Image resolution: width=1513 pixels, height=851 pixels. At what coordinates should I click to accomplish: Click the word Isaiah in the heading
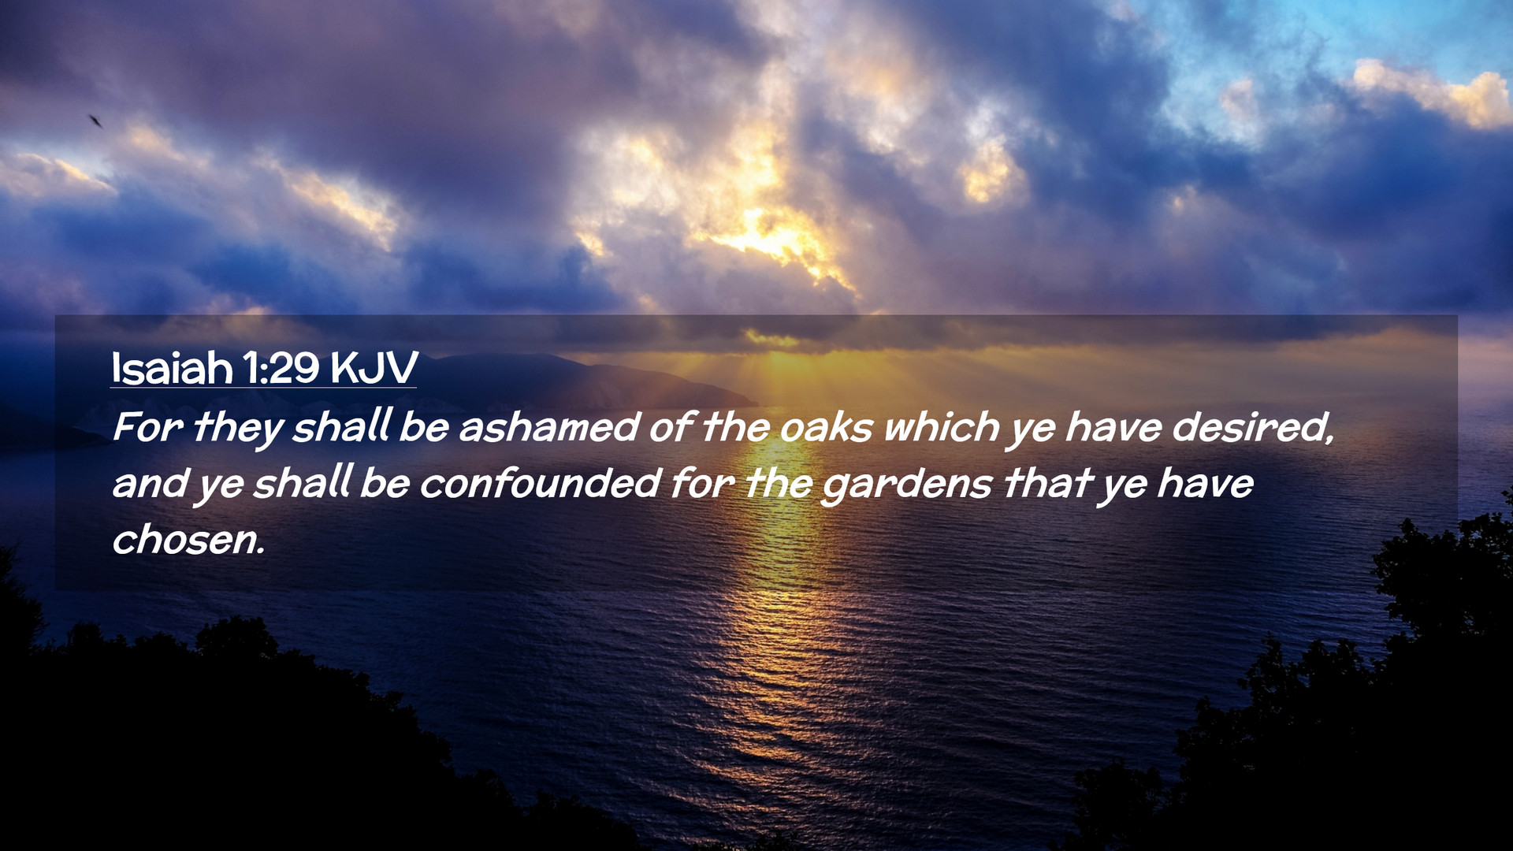pyautogui.click(x=172, y=368)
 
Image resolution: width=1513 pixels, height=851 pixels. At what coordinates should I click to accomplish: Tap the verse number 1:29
pyautogui.click(x=281, y=368)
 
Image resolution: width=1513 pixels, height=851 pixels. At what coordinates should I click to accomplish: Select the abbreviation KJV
pyautogui.click(x=374, y=368)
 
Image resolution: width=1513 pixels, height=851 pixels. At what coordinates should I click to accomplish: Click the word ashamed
pyautogui.click(x=549, y=428)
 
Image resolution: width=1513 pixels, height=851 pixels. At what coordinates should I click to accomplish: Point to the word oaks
pyautogui.click(x=827, y=428)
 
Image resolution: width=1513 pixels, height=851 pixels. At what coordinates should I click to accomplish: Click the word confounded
pyautogui.click(x=540, y=484)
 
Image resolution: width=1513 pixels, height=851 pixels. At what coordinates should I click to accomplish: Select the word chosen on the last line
pyautogui.click(x=188, y=541)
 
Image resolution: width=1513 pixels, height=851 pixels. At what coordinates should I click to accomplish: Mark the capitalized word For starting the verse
pyautogui.click(x=147, y=428)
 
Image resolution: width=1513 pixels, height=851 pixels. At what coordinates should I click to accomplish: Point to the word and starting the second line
pyautogui.click(x=150, y=484)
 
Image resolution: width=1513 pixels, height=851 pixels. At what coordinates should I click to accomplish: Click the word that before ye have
pyautogui.click(x=1046, y=484)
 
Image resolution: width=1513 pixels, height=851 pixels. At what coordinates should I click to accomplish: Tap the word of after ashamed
pyautogui.click(x=671, y=428)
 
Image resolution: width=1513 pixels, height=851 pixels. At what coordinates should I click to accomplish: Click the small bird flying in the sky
pyautogui.click(x=95, y=121)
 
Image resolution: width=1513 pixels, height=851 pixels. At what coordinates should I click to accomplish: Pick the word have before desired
pyautogui.click(x=1113, y=428)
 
